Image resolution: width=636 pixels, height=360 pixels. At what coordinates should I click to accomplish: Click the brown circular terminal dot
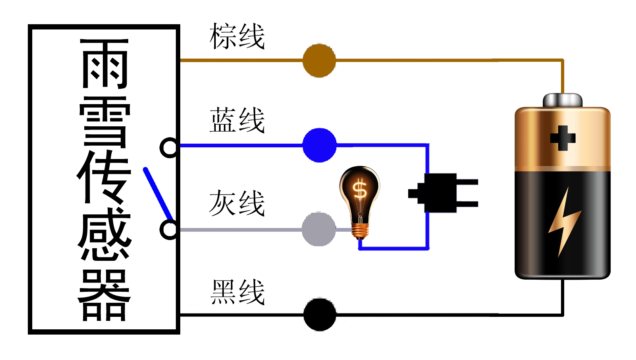tap(319, 61)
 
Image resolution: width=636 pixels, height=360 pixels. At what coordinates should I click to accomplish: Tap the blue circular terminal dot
tap(319, 145)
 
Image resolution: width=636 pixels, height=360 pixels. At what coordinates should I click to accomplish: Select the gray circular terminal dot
tap(319, 229)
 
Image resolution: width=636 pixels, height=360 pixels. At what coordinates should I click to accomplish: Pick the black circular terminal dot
tap(319, 314)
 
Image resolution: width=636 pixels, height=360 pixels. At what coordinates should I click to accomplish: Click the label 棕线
tap(237, 36)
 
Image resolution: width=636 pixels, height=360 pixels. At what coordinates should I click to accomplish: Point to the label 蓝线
tap(237, 120)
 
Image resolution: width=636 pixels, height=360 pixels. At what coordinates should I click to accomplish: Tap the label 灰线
tap(237, 203)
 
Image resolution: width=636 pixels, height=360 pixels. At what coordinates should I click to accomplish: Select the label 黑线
tap(238, 292)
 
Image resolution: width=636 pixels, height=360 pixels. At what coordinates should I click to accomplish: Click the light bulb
tap(359, 202)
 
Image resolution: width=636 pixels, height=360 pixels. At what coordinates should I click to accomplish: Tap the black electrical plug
tap(442, 193)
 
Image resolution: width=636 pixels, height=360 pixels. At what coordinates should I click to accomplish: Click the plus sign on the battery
tap(563, 138)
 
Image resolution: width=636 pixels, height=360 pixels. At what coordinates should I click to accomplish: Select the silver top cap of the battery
tap(563, 100)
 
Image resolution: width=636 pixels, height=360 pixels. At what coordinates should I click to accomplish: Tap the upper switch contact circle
tap(169, 147)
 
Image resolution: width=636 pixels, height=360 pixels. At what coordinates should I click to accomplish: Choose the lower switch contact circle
tap(169, 230)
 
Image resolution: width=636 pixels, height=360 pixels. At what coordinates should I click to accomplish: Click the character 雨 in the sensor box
tap(104, 64)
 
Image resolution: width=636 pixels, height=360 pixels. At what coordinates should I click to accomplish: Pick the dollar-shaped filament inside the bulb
tap(359, 190)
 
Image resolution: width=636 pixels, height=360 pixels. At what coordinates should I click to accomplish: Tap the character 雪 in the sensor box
tap(104, 122)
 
